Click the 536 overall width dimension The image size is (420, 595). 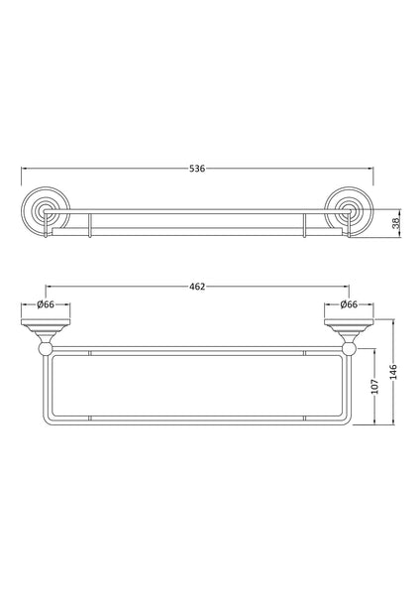coord(196,170)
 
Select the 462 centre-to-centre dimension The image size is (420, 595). coord(196,287)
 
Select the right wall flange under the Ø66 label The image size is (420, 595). coord(348,323)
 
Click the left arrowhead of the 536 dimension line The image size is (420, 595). coord(25,170)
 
